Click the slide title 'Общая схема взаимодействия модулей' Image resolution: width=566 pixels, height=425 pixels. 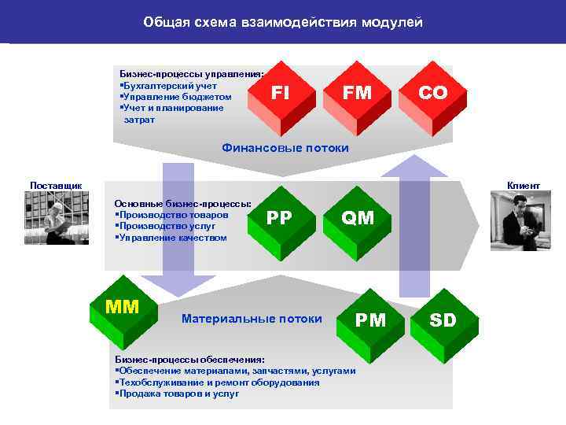[283, 22]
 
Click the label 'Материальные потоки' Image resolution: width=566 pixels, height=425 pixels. [252, 319]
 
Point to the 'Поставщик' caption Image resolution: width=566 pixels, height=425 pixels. [56, 185]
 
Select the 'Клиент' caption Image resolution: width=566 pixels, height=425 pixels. [524, 185]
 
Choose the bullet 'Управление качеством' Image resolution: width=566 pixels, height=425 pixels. [172, 238]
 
